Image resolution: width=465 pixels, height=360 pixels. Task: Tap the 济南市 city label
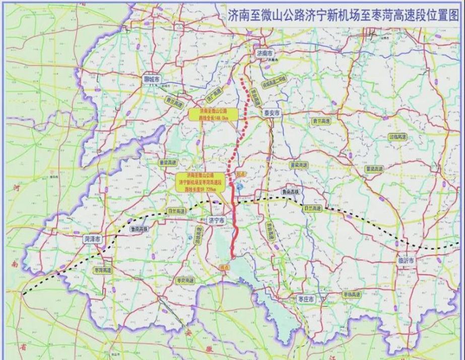(x=263, y=53)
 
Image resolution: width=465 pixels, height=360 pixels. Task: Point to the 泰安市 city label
(x=272, y=114)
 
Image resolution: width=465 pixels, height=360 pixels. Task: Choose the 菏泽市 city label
(x=94, y=239)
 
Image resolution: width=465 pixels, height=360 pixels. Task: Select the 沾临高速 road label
(x=397, y=137)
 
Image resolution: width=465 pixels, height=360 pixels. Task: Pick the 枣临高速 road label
(x=351, y=294)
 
